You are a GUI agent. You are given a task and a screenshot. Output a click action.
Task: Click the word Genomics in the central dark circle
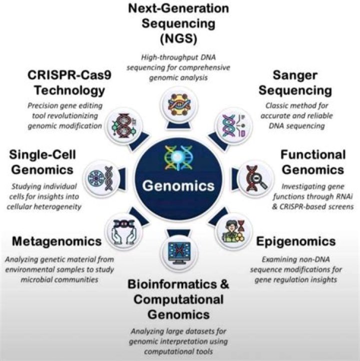click(178, 185)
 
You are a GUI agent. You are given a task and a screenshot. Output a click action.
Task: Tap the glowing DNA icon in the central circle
click(178, 157)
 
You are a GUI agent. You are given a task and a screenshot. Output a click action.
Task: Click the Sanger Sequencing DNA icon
click(233, 125)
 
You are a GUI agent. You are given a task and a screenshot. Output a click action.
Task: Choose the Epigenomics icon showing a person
click(233, 231)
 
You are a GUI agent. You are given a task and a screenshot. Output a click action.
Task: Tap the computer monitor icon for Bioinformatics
click(179, 253)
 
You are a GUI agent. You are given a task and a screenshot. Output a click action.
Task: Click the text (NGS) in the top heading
click(178, 38)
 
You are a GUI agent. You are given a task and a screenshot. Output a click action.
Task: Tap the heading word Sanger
click(295, 75)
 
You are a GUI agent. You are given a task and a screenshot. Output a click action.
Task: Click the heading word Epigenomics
click(296, 241)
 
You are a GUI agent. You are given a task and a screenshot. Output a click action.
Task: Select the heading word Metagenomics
click(56, 241)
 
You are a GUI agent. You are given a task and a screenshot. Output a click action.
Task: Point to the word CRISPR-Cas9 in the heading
click(69, 75)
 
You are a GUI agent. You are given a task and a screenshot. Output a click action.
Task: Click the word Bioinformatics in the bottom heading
click(172, 284)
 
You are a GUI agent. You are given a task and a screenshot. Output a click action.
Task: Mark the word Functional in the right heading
click(313, 154)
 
